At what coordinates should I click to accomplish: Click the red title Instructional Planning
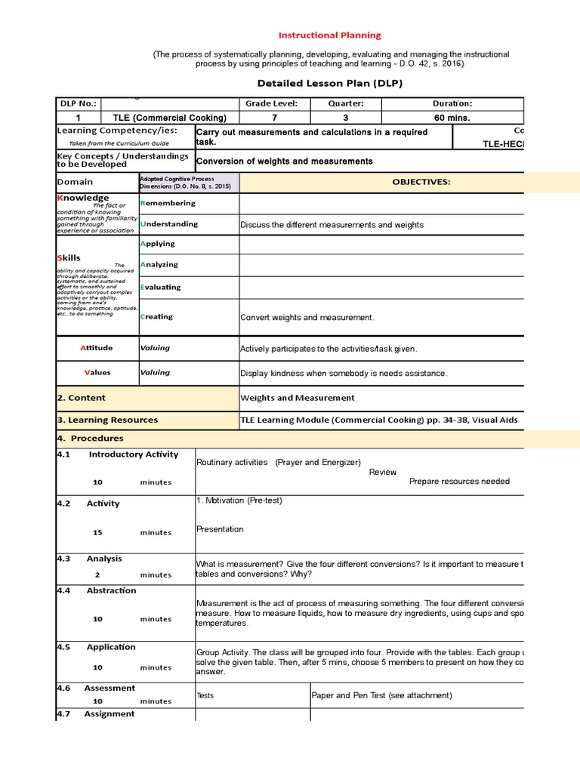(x=331, y=35)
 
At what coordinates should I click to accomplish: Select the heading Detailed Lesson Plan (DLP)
(x=331, y=83)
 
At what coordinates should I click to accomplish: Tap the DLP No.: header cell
(x=78, y=103)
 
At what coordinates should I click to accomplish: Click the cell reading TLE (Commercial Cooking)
(x=170, y=118)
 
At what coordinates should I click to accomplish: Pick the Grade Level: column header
(x=272, y=103)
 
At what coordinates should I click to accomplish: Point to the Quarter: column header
(x=346, y=103)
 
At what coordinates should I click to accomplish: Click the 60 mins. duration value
(x=452, y=118)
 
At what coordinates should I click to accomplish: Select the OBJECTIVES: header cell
(x=421, y=182)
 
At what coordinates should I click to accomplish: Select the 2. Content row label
(x=82, y=398)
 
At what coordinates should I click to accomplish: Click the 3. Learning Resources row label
(x=107, y=420)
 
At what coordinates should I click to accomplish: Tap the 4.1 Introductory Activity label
(x=118, y=454)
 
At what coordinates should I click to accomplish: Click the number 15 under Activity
(x=97, y=533)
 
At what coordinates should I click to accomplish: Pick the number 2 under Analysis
(x=97, y=575)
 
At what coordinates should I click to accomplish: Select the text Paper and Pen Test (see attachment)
(x=382, y=695)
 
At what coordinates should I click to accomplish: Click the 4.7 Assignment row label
(x=96, y=713)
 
